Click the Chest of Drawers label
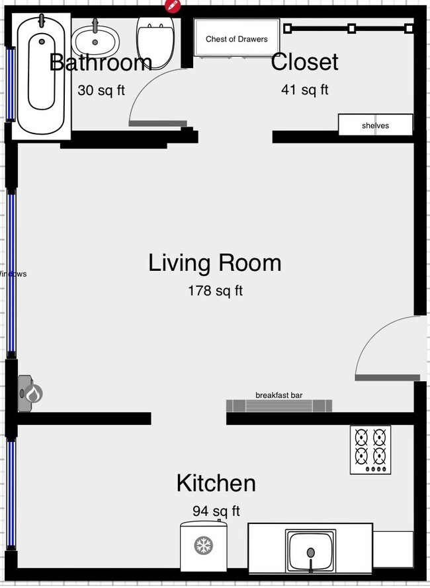click(236, 39)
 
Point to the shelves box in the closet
click(375, 125)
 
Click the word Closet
click(304, 61)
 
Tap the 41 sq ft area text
click(304, 90)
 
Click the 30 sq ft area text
click(101, 91)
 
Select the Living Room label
click(214, 263)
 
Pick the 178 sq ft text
click(215, 290)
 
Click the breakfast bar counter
click(279, 405)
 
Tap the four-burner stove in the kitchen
click(370, 449)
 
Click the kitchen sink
click(310, 550)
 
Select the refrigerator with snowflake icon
click(204, 545)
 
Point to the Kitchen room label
click(216, 483)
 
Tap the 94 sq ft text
click(216, 511)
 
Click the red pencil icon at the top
click(173, 5)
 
